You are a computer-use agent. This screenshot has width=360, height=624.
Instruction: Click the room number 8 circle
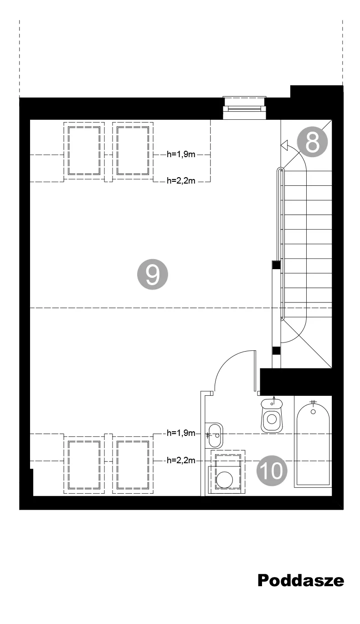point(312,142)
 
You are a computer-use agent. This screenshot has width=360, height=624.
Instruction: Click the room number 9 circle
point(152,274)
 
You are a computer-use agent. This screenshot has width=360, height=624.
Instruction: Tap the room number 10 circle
point(272,471)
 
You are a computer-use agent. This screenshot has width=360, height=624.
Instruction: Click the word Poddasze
point(301,581)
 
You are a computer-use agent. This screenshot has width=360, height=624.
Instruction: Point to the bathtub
point(313,445)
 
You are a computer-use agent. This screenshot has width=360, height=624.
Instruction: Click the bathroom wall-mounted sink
point(214,436)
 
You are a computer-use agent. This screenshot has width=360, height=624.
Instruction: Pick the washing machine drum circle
point(224,480)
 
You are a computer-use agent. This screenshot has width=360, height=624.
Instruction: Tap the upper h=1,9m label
point(181,154)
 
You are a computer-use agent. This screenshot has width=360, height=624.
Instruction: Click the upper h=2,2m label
point(181,181)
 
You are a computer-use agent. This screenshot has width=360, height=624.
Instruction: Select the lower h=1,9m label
point(181,433)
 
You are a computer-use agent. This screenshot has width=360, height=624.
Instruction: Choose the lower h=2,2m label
point(181,460)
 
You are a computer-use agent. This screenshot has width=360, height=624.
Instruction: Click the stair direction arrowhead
point(284,145)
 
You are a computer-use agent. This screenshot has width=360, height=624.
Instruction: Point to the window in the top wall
point(244,108)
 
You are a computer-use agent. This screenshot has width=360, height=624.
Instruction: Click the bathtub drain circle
point(313,412)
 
